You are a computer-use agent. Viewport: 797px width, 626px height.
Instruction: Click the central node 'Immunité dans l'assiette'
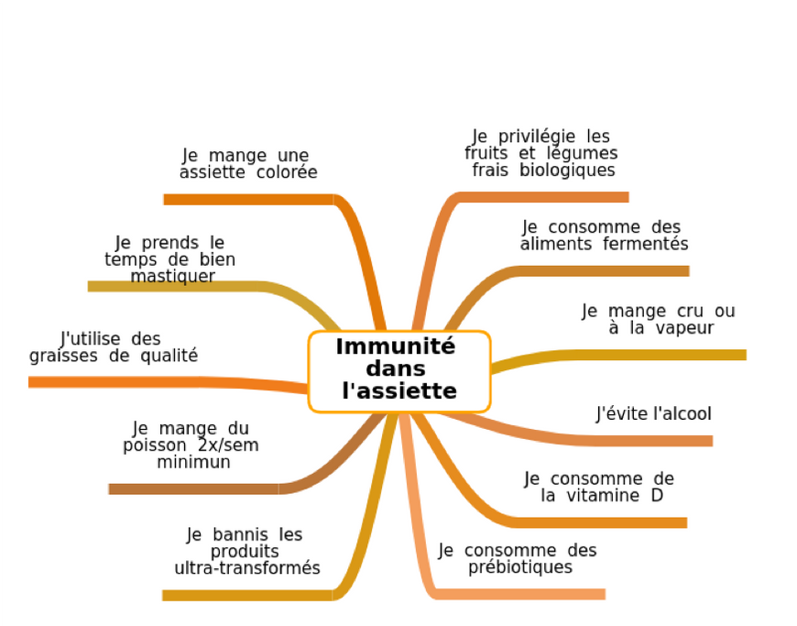point(398,370)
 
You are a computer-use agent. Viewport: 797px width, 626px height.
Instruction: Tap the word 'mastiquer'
point(172,276)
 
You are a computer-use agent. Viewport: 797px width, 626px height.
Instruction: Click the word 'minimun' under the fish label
point(193,463)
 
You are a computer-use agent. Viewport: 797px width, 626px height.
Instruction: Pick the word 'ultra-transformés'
point(247,568)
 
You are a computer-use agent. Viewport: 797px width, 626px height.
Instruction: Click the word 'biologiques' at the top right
point(568,170)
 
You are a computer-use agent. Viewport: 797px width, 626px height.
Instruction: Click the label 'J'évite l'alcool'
point(653,414)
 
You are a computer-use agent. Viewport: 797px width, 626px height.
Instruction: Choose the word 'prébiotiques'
point(520,567)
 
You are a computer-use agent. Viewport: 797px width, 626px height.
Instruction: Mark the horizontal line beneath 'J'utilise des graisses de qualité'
point(137,381)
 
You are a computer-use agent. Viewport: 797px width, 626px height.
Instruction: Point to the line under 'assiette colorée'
point(247,199)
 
